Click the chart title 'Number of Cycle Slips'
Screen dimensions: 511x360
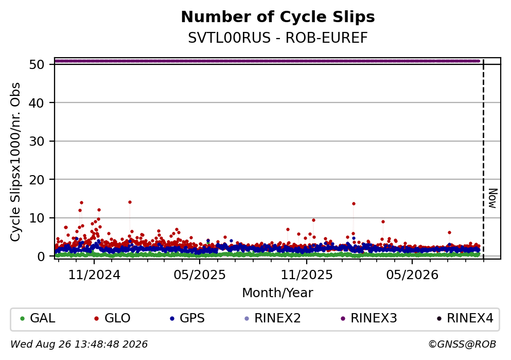278,17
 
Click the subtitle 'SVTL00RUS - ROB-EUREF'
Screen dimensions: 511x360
278,38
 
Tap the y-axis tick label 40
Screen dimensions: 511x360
37,102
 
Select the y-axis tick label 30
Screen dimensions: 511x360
37,141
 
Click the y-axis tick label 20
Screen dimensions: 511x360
37,179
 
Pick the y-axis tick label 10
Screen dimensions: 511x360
37,218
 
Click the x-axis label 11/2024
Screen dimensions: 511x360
94,275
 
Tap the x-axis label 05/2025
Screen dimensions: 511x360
200,275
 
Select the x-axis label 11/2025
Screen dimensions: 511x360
307,275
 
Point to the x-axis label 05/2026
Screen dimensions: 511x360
412,275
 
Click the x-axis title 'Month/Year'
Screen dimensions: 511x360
278,293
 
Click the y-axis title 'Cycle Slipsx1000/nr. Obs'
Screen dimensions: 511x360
15,162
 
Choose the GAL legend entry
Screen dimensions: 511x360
38,318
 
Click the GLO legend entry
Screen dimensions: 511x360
112,318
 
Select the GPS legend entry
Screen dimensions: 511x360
187,318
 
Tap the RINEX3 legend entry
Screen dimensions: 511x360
369,318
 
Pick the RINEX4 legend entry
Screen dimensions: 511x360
465,318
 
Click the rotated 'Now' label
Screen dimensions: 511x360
493,198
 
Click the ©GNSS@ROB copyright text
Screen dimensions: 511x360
462,345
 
